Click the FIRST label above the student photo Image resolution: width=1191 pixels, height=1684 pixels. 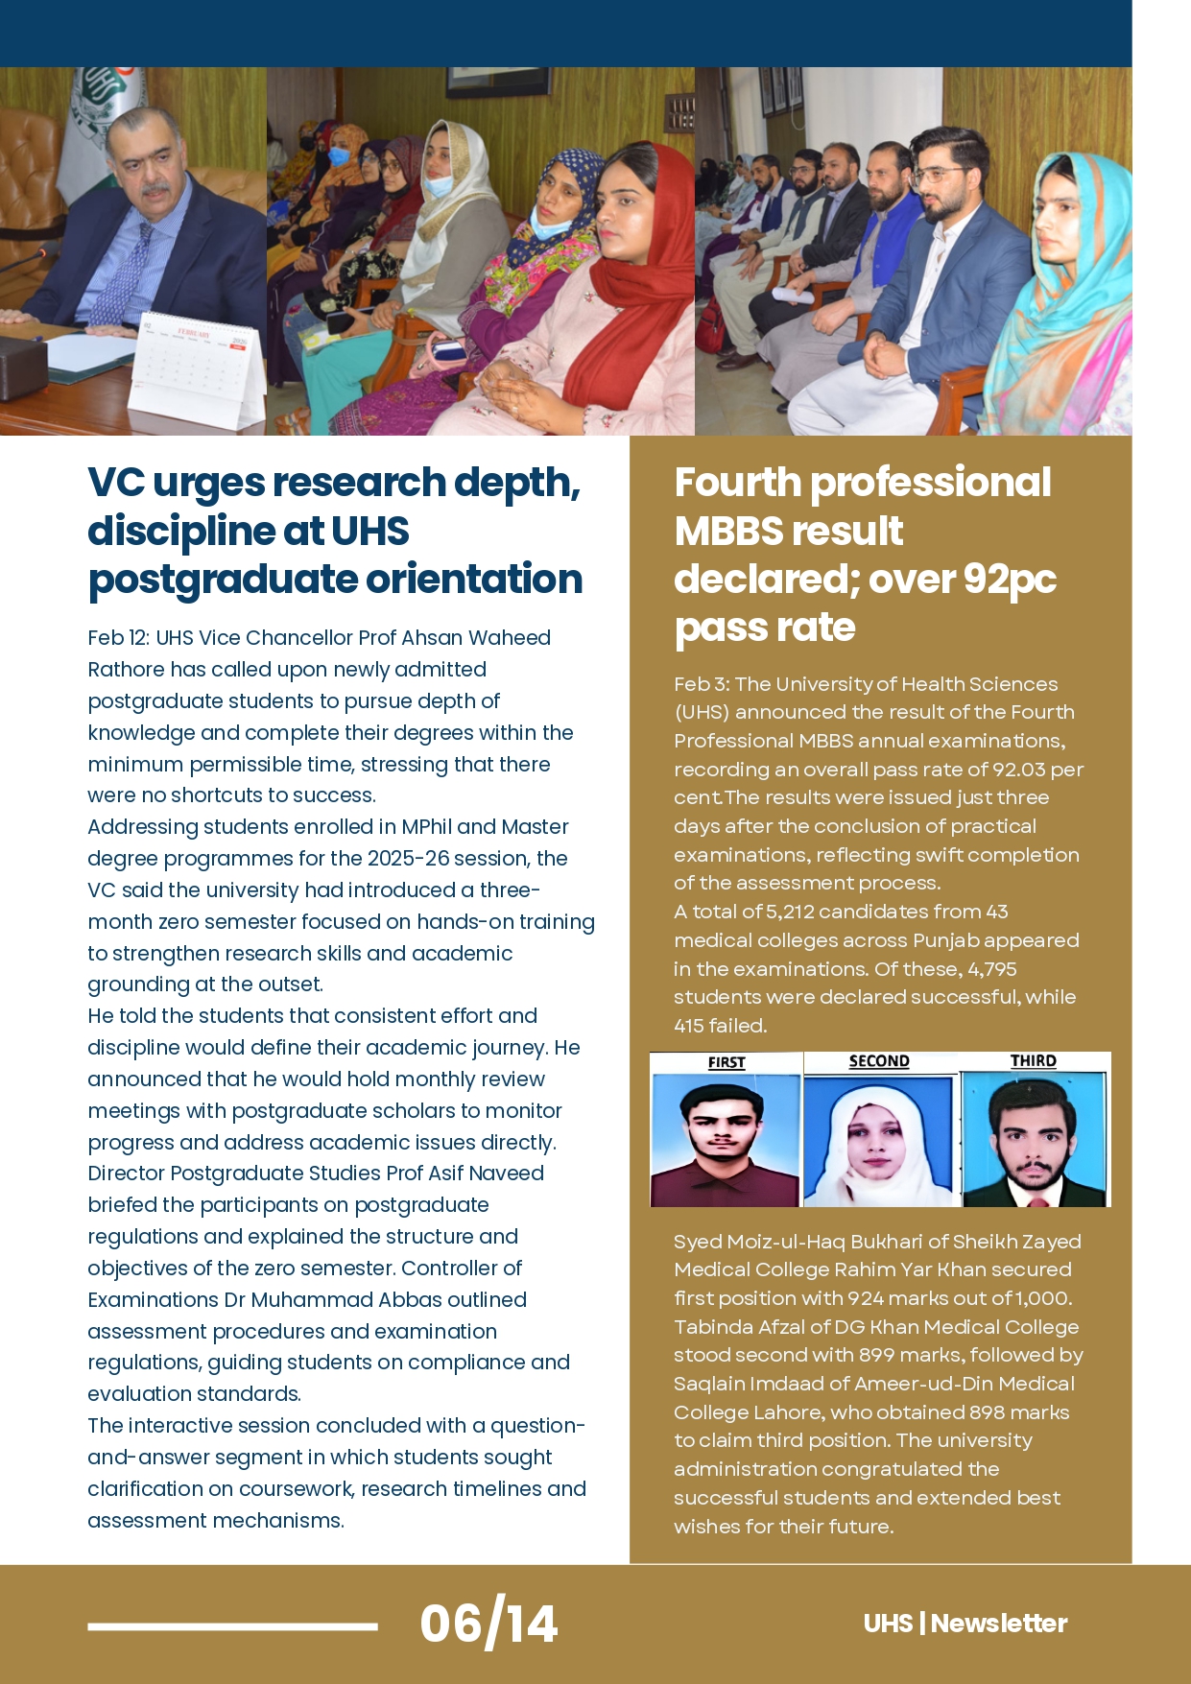click(x=727, y=1062)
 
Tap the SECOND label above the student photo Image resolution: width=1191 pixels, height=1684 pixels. click(x=879, y=1061)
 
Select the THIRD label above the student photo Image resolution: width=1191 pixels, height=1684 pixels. click(x=1033, y=1060)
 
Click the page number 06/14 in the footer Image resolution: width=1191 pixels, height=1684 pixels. click(x=488, y=1624)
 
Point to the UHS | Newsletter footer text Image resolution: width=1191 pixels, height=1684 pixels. click(x=965, y=1624)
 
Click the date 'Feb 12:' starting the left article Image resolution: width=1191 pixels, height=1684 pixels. click(x=118, y=638)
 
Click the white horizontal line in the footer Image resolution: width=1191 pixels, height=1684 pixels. click(x=232, y=1625)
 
